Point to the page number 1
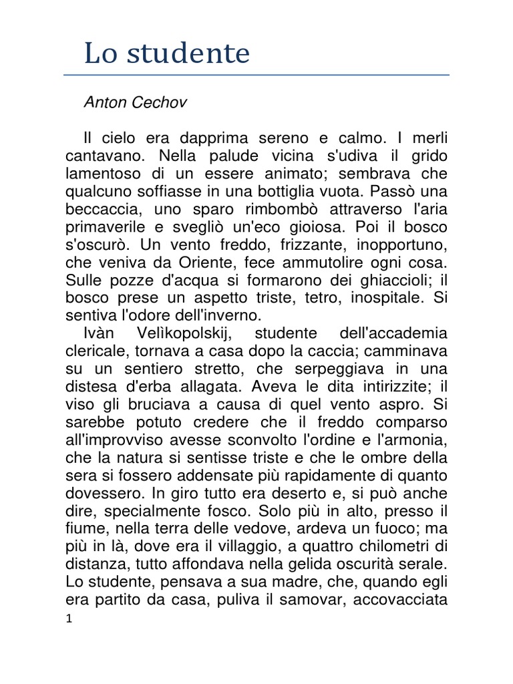click(69, 621)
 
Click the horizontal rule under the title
click(256, 75)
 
